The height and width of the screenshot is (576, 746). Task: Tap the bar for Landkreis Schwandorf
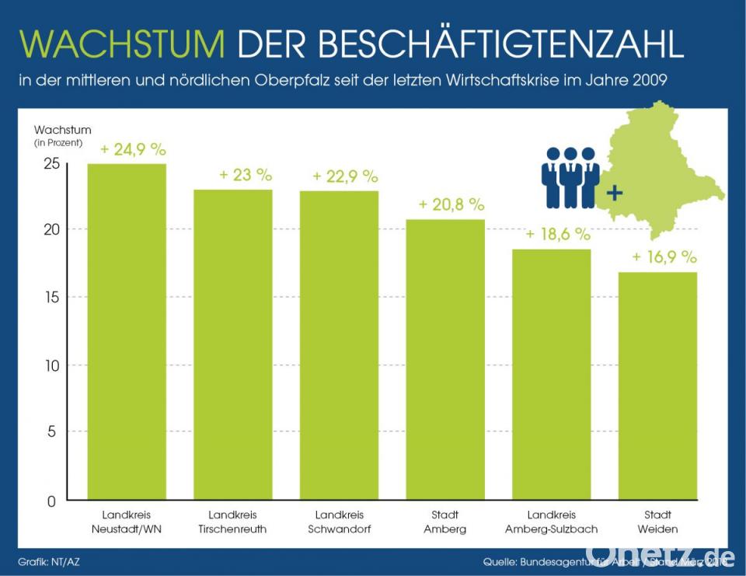click(339, 345)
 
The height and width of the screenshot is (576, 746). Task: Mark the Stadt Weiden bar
click(657, 386)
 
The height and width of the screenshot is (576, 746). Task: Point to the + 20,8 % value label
click(451, 204)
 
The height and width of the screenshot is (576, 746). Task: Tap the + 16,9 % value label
click(664, 257)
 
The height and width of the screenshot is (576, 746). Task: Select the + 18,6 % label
click(558, 234)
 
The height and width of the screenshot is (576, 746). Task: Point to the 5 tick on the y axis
click(51, 431)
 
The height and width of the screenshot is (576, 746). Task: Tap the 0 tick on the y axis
click(51, 501)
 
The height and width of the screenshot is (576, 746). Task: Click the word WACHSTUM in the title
click(123, 46)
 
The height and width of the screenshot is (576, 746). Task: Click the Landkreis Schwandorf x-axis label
click(340, 522)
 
